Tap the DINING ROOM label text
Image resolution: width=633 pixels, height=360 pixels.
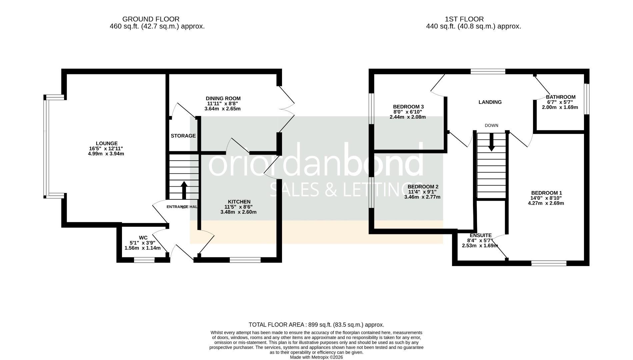(x=223, y=98)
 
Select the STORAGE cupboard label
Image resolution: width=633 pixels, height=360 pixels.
(x=183, y=136)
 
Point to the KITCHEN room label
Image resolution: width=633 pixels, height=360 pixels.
(x=239, y=202)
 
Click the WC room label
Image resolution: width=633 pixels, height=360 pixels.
(x=143, y=238)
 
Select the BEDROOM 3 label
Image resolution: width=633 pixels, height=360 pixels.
(x=408, y=107)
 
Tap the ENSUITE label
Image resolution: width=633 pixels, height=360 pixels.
(x=480, y=235)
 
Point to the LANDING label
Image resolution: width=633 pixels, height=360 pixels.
(x=490, y=102)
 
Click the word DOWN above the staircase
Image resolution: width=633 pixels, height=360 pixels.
(x=491, y=126)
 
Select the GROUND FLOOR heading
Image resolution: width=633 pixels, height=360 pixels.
(x=151, y=19)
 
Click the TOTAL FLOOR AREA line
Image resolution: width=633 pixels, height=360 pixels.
(x=316, y=325)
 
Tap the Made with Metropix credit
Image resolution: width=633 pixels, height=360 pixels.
(x=316, y=357)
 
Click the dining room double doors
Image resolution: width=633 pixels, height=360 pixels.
(x=286, y=109)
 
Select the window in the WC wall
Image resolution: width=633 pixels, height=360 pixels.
(x=144, y=260)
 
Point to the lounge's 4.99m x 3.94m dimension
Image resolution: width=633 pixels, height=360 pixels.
(x=106, y=154)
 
